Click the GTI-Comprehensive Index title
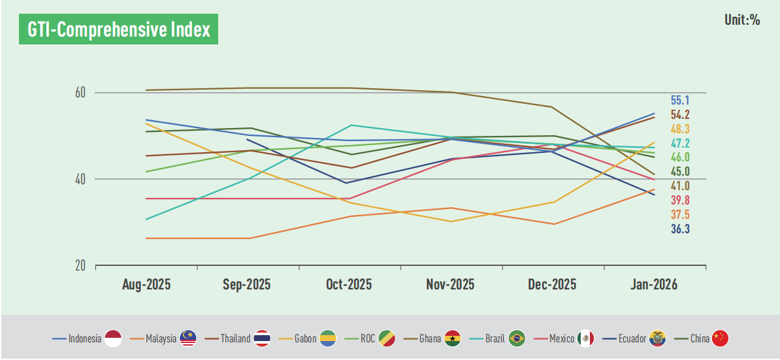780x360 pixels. point(118,30)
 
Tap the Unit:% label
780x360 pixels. point(742,20)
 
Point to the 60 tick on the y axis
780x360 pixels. point(81,93)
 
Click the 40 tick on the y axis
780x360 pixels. point(81,179)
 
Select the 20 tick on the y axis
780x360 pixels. point(81,266)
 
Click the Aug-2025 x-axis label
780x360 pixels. point(146,285)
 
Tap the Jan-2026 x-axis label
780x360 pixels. point(653,285)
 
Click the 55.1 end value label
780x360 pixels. point(680,101)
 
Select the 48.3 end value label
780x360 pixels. point(680,129)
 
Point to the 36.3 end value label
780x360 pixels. point(680,229)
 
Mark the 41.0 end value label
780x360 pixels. point(680,186)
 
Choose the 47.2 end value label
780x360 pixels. point(680,143)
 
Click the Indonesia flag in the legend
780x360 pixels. point(113,338)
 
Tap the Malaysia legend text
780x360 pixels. point(161,338)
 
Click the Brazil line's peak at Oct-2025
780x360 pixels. point(351,125)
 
